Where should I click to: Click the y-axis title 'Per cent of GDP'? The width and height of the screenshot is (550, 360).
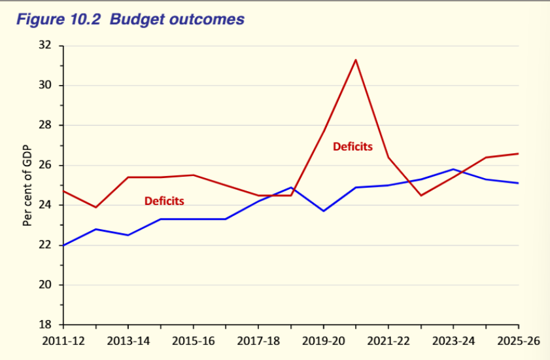tap(27, 186)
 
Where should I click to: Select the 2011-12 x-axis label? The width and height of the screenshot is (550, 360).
tap(63, 340)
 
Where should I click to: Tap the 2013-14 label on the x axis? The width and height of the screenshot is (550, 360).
tap(128, 340)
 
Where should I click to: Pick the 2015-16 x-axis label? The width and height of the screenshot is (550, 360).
tap(193, 340)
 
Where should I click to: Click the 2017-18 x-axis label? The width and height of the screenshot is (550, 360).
tap(258, 340)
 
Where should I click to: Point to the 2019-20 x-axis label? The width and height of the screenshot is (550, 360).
tap(323, 340)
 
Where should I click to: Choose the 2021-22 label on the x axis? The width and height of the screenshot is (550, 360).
tap(388, 340)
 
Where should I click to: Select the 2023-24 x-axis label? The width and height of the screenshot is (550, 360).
tap(453, 340)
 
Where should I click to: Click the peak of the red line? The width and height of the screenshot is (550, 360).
tap(356, 60)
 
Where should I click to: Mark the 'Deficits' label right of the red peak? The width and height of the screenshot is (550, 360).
tap(352, 147)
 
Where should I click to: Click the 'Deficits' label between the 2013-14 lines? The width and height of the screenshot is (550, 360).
tap(164, 201)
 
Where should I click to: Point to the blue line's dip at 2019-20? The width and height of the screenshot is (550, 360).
tap(323, 211)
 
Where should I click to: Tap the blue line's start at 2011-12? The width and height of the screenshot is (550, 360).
tap(63, 245)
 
